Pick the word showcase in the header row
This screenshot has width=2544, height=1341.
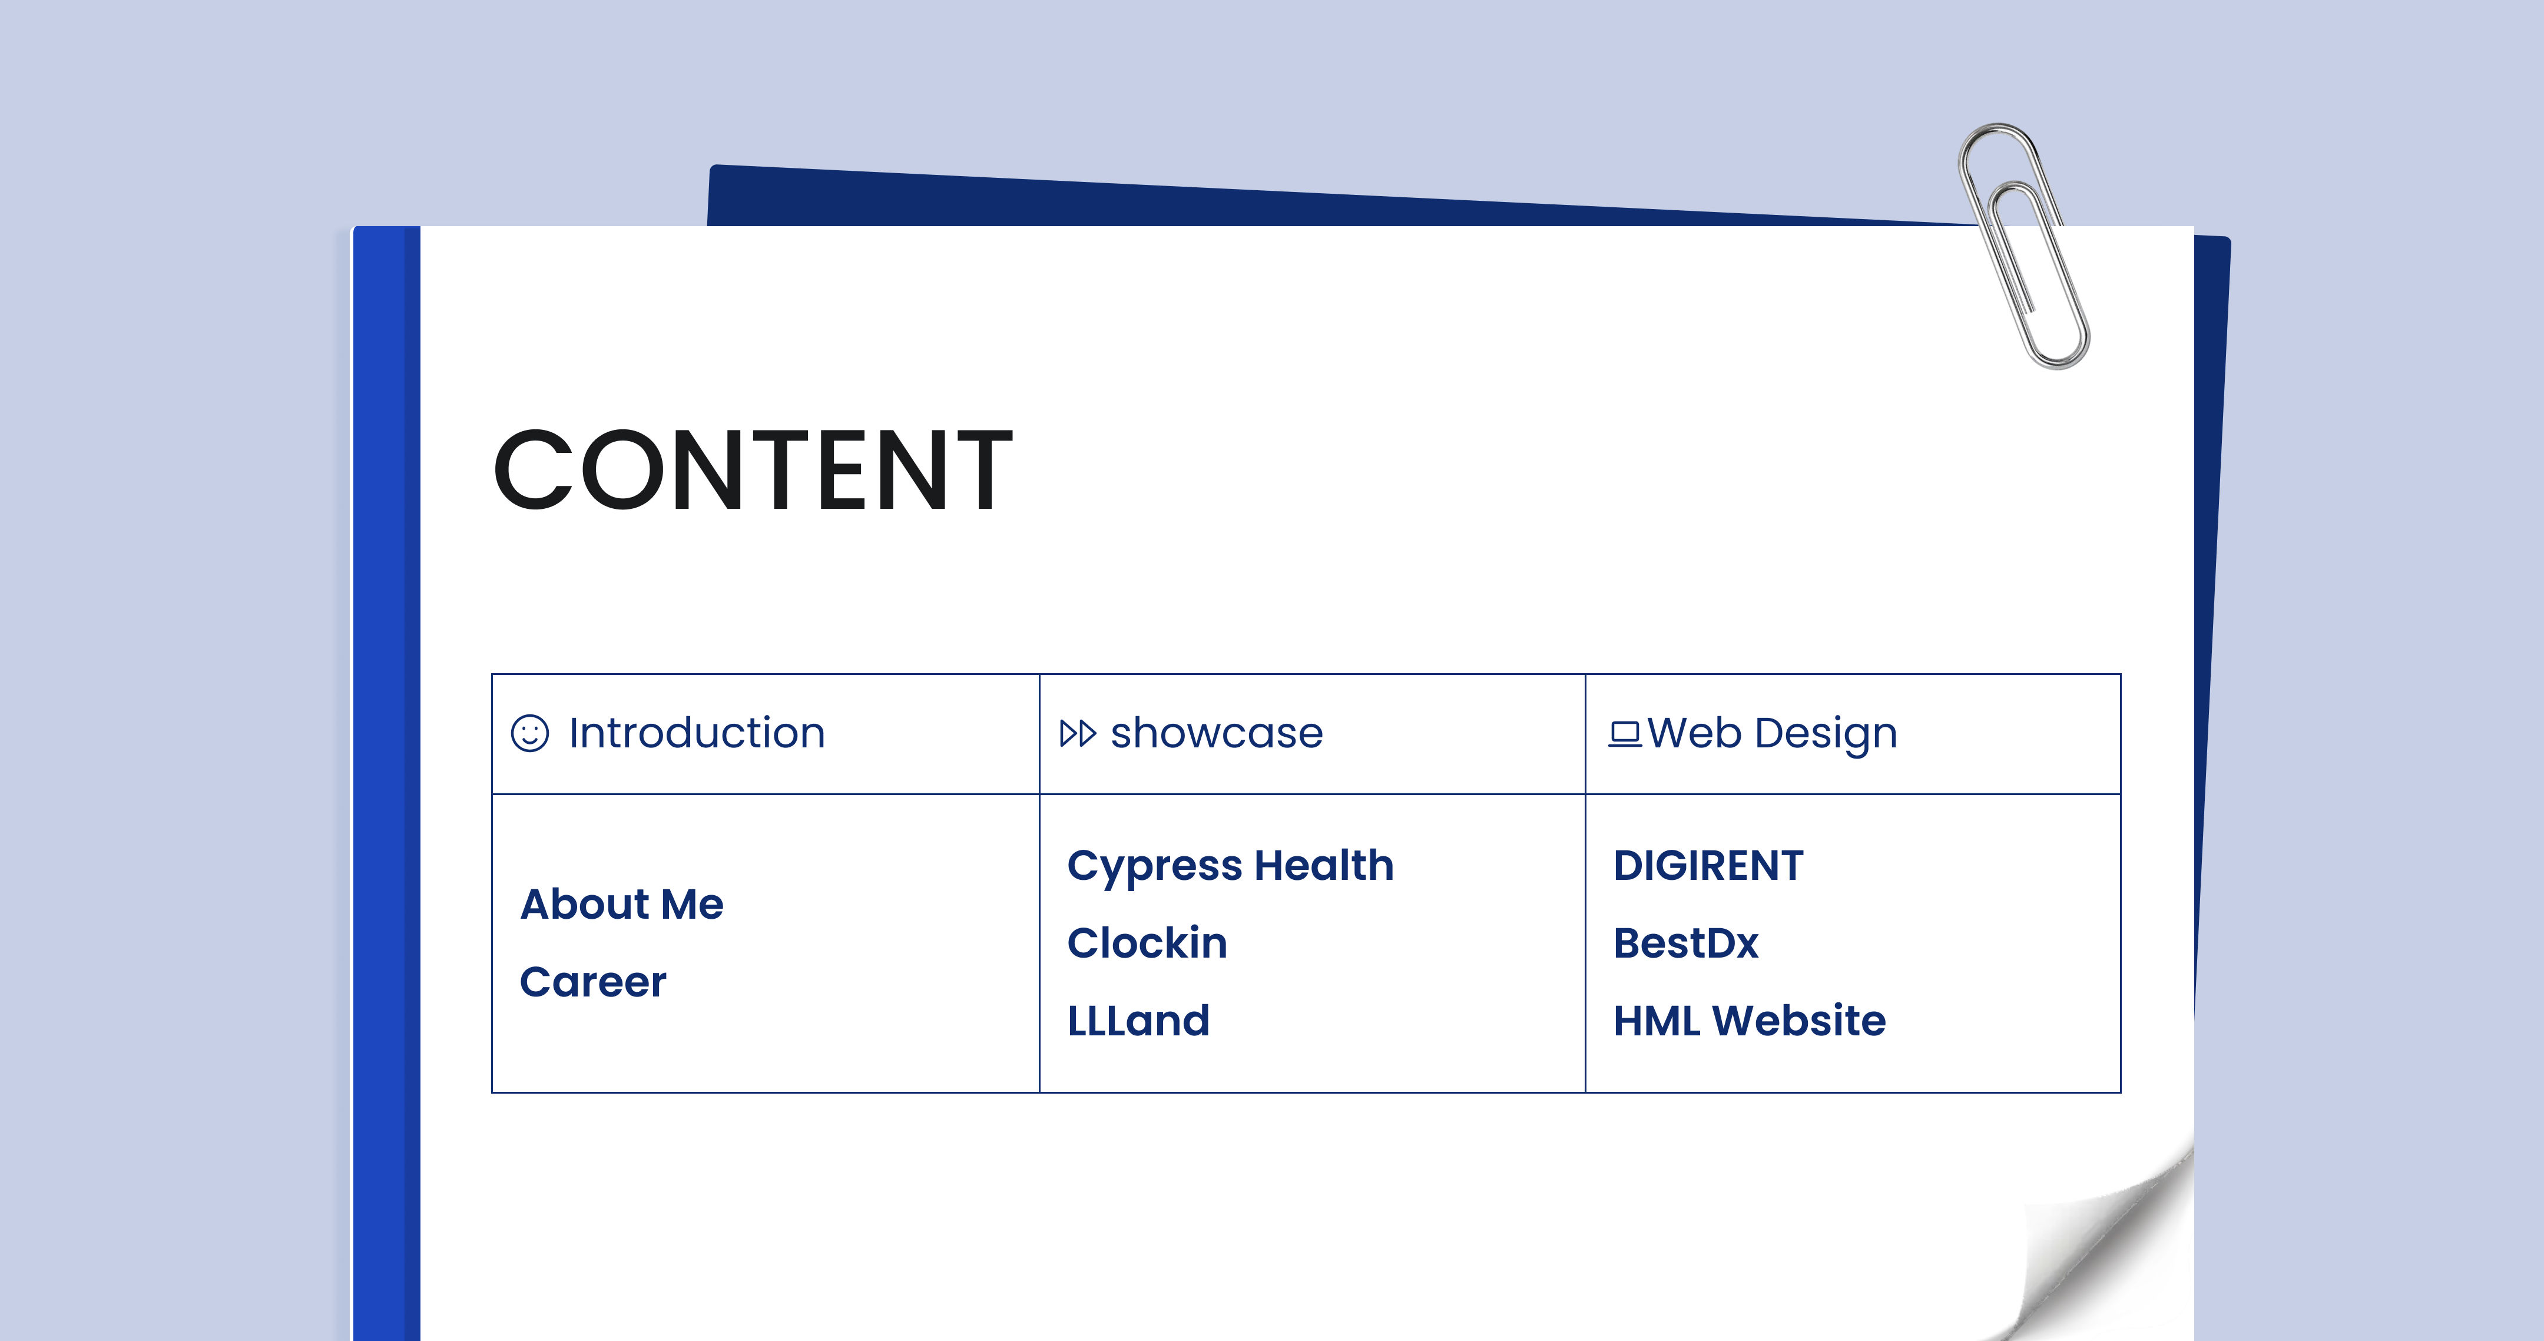coord(1217,733)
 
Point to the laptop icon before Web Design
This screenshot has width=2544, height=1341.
coord(1625,734)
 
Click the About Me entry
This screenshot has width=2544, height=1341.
coord(622,903)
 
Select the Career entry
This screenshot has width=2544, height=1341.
coord(592,982)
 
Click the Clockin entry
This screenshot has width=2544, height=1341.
coord(1148,943)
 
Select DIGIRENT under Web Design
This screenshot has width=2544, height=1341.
coord(1708,865)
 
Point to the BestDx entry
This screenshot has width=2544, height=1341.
coord(1686,943)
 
